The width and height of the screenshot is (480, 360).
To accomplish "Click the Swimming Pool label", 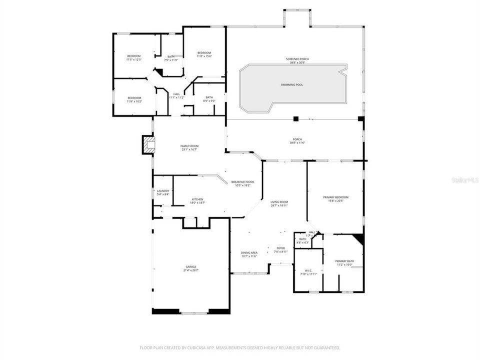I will [x=291, y=85].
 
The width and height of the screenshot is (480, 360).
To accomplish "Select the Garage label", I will [x=191, y=267].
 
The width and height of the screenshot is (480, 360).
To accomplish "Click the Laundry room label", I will [x=163, y=191].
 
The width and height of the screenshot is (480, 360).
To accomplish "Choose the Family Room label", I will [x=189, y=146].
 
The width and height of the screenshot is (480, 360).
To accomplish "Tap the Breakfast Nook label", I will [x=242, y=182].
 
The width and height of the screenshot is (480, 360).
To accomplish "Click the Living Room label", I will [x=279, y=202].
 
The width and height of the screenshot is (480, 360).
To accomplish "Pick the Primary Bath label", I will [x=344, y=261].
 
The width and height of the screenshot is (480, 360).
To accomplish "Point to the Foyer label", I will [x=280, y=248].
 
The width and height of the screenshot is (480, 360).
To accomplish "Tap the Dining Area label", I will [x=249, y=253].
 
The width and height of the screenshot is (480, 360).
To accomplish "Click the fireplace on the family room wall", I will [x=148, y=145].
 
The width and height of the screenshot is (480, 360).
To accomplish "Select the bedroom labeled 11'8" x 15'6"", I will [x=204, y=53].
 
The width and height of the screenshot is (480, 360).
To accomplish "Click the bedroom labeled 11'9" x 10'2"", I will [x=134, y=98].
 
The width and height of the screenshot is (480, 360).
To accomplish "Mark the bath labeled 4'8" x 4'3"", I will [x=302, y=239].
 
